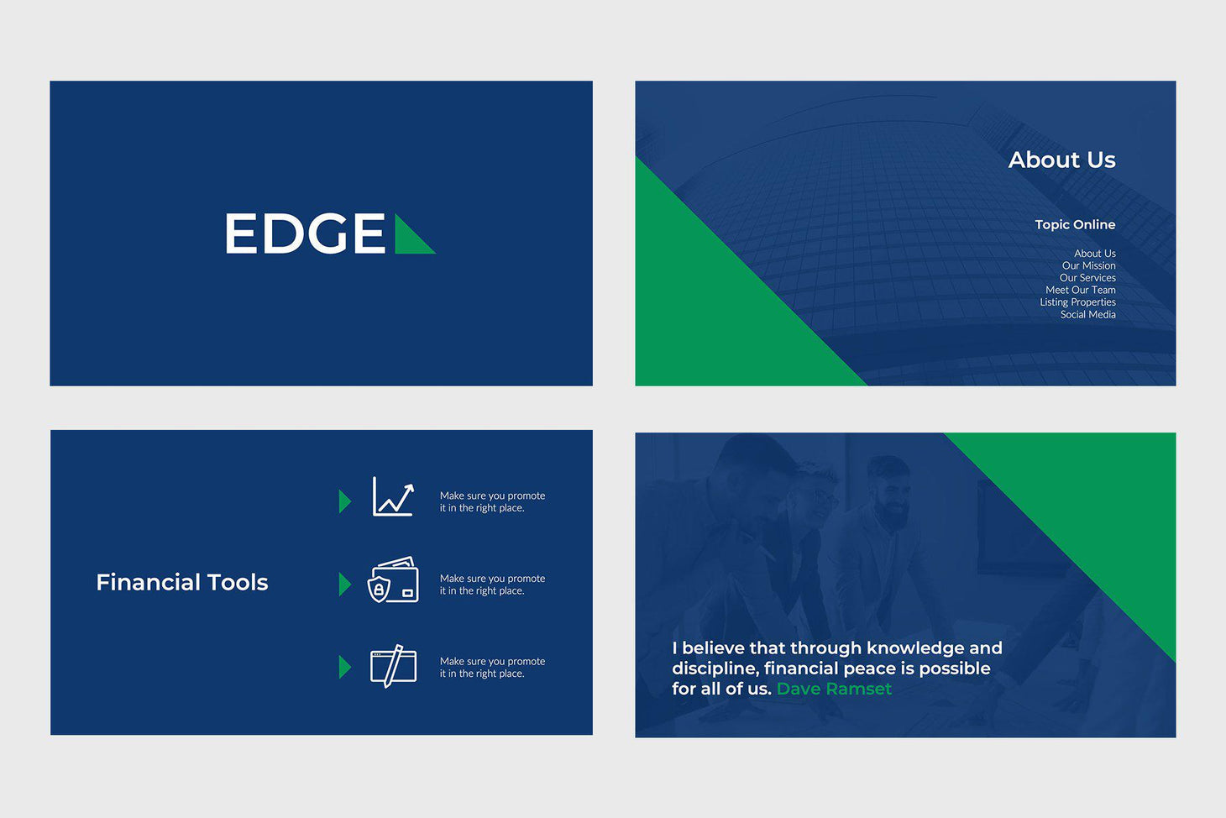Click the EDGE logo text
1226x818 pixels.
[x=305, y=233]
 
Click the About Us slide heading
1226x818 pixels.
[x=1061, y=160]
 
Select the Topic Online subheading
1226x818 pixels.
[x=1075, y=224]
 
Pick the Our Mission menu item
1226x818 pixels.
[x=1088, y=265]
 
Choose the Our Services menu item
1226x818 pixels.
[x=1087, y=278]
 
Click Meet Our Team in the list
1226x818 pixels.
[x=1080, y=290]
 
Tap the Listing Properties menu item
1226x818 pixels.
[x=1077, y=302]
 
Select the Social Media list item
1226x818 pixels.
[x=1087, y=314]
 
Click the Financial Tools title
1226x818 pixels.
[x=182, y=582]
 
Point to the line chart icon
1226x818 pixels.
[x=394, y=497]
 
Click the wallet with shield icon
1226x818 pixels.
[x=393, y=580]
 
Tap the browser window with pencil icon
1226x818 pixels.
[x=393, y=666]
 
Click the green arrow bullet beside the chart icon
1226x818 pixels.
[x=344, y=501]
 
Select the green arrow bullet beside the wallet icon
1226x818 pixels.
[x=344, y=584]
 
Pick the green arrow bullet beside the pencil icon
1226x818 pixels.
[x=344, y=667]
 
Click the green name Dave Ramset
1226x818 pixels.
[x=834, y=689]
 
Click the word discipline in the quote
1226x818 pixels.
[x=713, y=669]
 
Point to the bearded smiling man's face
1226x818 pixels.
[x=890, y=496]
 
